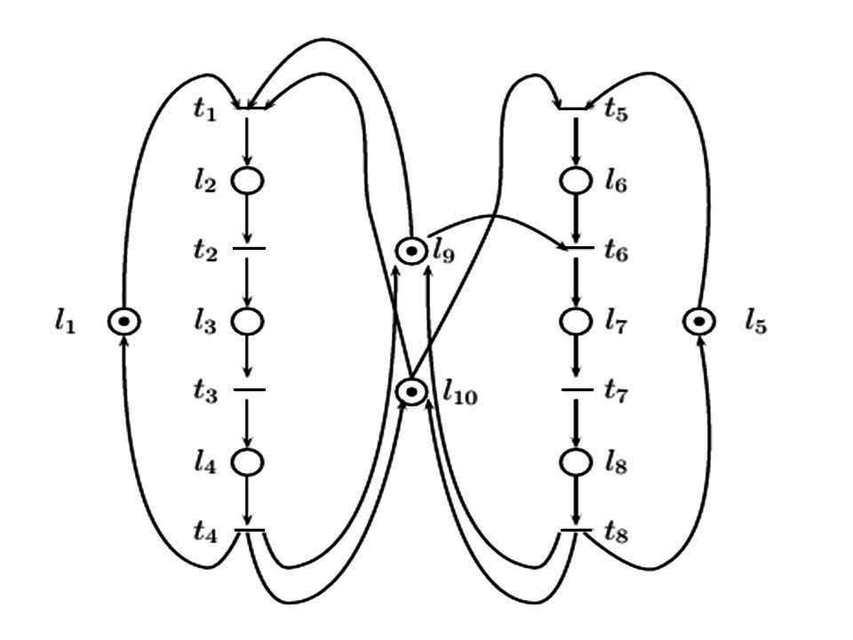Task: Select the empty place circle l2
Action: (x=248, y=180)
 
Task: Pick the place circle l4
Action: (x=248, y=461)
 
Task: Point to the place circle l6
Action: (x=576, y=180)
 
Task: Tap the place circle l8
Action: (x=576, y=461)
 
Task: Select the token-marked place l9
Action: (x=411, y=252)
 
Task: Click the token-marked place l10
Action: (x=411, y=391)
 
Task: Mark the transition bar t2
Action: (x=249, y=249)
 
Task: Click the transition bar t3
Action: (x=249, y=390)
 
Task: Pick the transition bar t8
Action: (x=576, y=531)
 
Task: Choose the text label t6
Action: (x=617, y=252)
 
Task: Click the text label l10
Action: (x=458, y=393)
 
